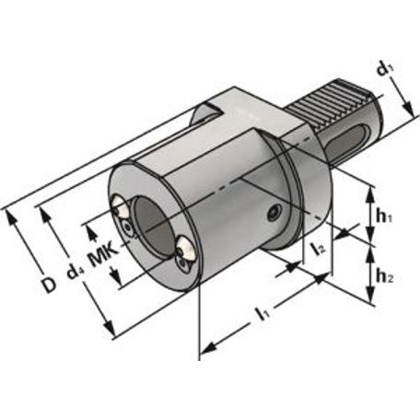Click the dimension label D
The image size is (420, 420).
[49, 286]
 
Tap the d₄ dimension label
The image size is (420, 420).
[74, 272]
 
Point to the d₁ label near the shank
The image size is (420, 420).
[386, 69]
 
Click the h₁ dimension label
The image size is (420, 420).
[384, 217]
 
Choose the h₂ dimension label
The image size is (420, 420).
[384, 278]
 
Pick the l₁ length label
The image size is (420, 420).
[263, 314]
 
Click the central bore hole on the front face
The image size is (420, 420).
[152, 226]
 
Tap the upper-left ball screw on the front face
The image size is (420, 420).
[120, 206]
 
